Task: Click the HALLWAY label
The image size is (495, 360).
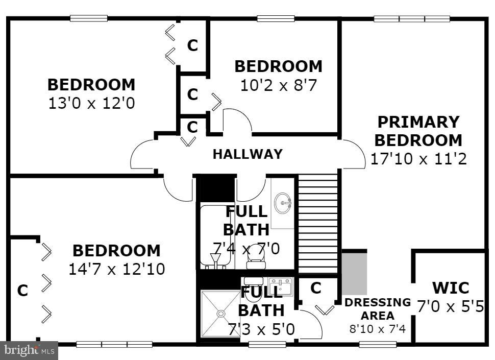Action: point(247,154)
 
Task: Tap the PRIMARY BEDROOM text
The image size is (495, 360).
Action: point(418,131)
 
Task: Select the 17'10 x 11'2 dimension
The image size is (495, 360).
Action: point(418,159)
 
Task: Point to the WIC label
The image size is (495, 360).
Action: point(450,288)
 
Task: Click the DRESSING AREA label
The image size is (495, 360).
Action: point(378,308)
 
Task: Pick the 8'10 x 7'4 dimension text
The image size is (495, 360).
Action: point(378,329)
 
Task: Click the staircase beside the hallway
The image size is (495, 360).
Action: point(318,223)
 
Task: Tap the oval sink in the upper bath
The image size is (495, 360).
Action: point(283,204)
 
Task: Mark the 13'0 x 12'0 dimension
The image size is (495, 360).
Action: point(91,104)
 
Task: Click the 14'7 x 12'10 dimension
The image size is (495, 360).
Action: point(116,269)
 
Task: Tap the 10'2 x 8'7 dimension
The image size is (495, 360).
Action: point(279,85)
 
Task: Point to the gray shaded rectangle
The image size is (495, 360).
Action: point(354,272)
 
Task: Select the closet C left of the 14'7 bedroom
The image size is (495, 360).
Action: point(22,291)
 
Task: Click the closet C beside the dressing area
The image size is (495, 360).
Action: point(316,289)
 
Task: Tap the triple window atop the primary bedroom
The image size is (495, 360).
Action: point(411,19)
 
